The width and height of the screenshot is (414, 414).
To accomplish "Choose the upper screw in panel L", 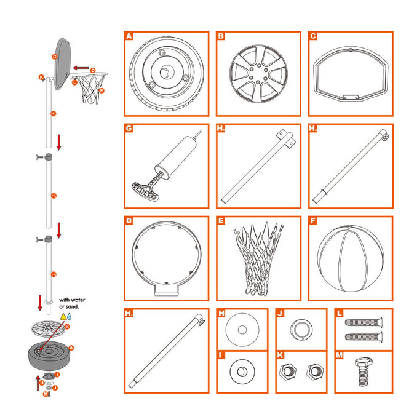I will point(362,323).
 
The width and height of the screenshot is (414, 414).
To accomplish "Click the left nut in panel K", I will point(287,372).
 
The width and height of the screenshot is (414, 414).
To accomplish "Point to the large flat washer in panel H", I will point(242,330).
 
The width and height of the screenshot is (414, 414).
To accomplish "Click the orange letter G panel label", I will point(129,129).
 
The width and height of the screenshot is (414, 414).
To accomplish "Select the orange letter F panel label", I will point(313,220).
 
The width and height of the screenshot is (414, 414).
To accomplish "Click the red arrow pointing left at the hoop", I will point(81,68).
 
